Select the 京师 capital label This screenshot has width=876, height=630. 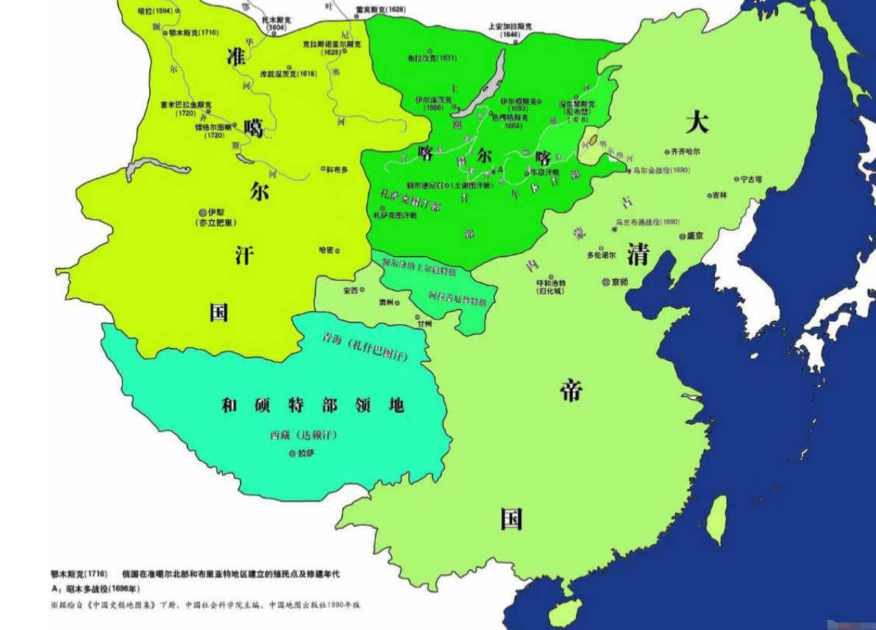pyautogui.click(x=619, y=282)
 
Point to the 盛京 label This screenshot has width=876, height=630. pyautogui.click(x=695, y=236)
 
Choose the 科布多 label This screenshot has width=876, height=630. pyautogui.click(x=335, y=168)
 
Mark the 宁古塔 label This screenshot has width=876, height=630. pyautogui.click(x=751, y=179)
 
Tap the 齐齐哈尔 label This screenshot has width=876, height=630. pyautogui.click(x=685, y=151)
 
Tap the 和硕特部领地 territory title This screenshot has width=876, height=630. pyautogui.click(x=313, y=405)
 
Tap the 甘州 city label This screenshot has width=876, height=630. pyautogui.click(x=424, y=323)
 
